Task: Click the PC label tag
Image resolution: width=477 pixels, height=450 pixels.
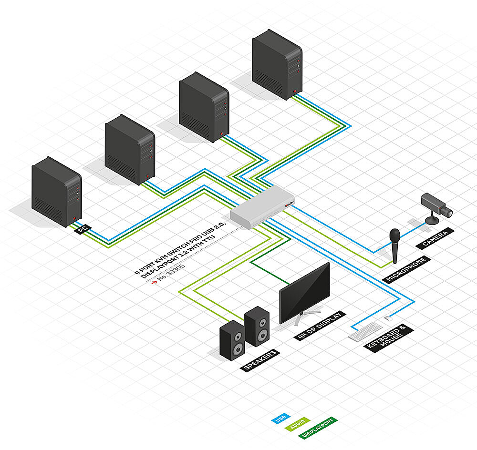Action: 83,229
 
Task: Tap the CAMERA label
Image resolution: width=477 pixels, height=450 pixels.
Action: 435,239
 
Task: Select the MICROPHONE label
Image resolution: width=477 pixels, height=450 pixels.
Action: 406,269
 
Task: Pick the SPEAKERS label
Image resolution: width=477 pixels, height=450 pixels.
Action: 260,360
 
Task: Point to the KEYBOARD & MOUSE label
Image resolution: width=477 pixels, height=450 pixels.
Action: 389,338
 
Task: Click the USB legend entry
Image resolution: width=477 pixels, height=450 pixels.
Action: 280,419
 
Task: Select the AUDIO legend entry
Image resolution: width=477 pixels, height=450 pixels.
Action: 297,424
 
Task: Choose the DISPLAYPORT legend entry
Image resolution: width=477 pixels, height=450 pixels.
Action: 318,428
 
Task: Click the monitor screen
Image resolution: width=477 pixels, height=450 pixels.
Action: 304,292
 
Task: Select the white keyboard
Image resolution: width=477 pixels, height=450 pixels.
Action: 365,331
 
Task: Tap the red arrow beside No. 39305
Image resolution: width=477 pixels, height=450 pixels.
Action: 154,282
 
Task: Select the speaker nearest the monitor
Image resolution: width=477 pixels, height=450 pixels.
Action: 257,326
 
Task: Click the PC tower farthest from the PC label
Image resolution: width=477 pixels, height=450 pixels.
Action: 277,64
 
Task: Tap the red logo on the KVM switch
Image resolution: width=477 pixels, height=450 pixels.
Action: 290,204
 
